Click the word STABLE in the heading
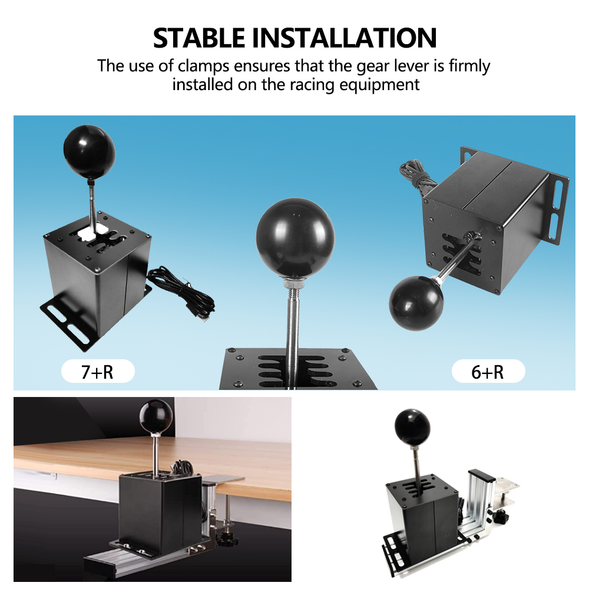[199, 38]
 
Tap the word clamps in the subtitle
[203, 66]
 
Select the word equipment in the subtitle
[379, 85]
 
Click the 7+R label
[98, 372]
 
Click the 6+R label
[488, 372]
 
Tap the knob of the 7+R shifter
[90, 153]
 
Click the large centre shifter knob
[295, 238]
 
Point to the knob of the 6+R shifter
[416, 303]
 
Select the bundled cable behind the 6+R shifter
[418, 178]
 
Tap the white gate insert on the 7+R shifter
[92, 231]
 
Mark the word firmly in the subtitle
[469, 66]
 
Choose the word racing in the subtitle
[312, 85]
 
